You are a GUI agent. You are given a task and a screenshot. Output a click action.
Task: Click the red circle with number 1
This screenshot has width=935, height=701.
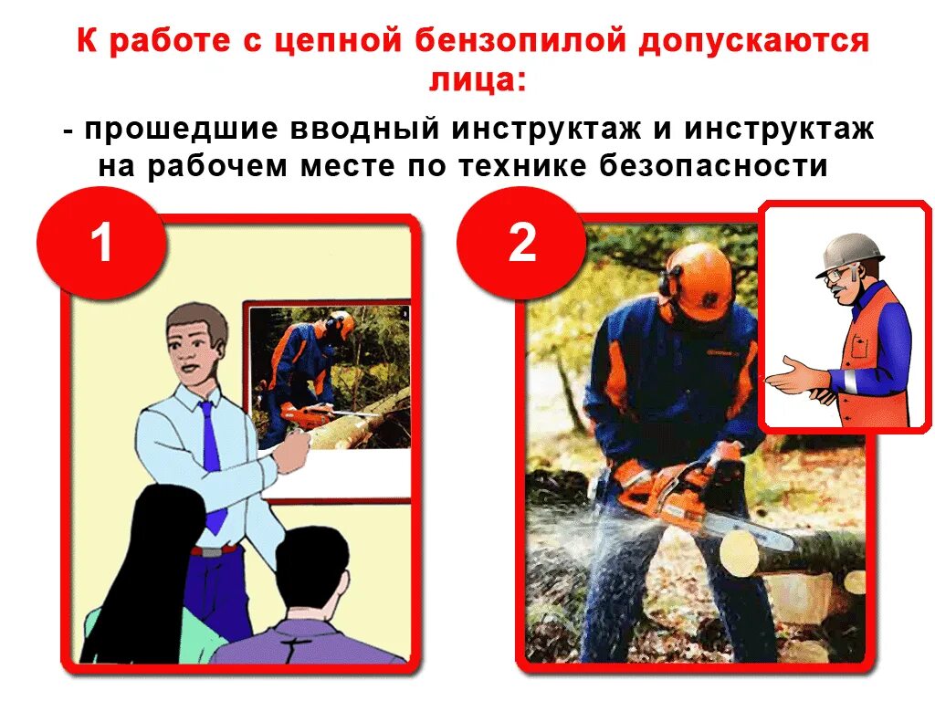(101, 242)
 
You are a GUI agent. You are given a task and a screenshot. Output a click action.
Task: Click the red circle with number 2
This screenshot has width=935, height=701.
(521, 242)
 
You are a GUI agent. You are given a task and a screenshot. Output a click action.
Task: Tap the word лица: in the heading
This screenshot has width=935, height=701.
(478, 79)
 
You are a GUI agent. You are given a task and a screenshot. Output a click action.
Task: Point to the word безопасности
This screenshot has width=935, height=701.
(713, 166)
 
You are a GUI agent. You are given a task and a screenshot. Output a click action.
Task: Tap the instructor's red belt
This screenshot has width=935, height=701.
(215, 549)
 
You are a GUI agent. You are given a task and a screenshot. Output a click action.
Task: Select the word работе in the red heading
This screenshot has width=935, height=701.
(170, 41)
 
